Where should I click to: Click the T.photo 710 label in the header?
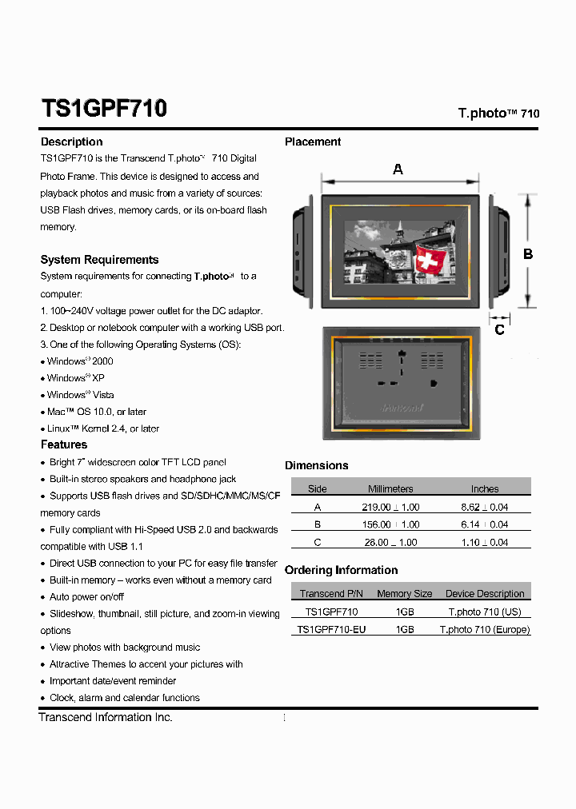click(498, 114)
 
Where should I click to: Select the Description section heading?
click(71, 141)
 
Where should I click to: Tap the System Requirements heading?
click(99, 260)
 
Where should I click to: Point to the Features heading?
click(64, 444)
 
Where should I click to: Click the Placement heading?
click(313, 141)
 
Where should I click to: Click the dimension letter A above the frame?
click(398, 169)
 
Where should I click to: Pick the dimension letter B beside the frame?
click(528, 254)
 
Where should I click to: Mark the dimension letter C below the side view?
click(500, 329)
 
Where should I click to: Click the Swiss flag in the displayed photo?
click(430, 260)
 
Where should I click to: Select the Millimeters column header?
click(390, 488)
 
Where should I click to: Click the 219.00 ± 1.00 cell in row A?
click(390, 507)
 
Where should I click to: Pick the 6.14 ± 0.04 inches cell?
click(484, 524)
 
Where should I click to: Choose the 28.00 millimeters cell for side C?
click(390, 542)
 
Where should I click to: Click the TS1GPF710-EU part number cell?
click(331, 629)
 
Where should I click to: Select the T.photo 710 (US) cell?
click(484, 612)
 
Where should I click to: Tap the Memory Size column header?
click(404, 594)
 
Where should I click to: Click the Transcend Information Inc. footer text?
click(106, 717)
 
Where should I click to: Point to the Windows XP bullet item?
click(75, 378)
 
